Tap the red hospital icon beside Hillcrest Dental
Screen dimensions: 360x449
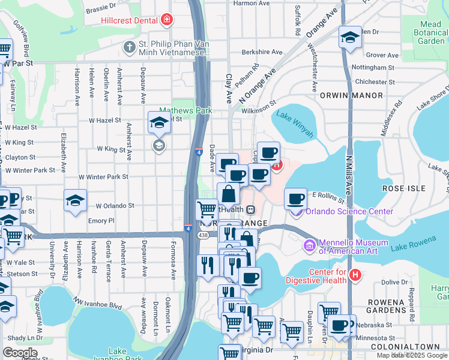tap(166, 20)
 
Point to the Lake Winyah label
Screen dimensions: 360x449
tap(295, 124)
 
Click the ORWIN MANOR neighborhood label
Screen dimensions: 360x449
tap(351, 95)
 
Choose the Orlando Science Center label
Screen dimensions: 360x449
tap(349, 211)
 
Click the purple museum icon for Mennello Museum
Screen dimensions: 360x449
tap(309, 245)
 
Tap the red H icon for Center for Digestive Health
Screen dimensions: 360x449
tap(355, 275)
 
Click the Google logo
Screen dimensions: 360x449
tap(20, 353)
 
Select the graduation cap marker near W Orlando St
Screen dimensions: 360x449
tap(76, 201)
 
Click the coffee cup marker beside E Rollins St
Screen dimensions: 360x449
tap(294, 198)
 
